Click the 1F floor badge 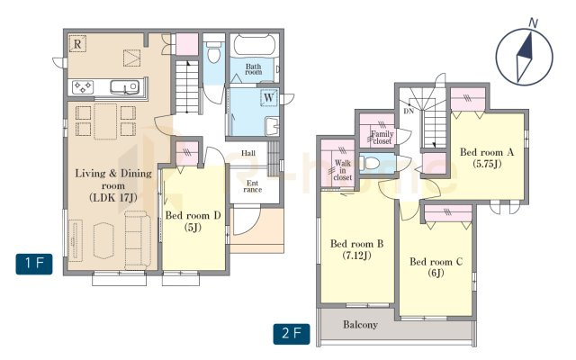point(34,264)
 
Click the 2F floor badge point(292,334)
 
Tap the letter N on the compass point(533,23)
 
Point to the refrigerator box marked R point(77,44)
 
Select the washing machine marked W point(269,98)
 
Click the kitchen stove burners point(83,87)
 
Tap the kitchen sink point(125,87)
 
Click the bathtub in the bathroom point(254,46)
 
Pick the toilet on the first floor point(213,52)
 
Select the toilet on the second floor point(370,162)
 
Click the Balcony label point(360,324)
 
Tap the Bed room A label point(487,152)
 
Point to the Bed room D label point(193,215)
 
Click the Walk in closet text point(343,170)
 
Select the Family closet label point(382,138)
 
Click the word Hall point(248,153)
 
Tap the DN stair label point(409,111)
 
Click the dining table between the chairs point(105,121)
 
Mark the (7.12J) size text point(356,255)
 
